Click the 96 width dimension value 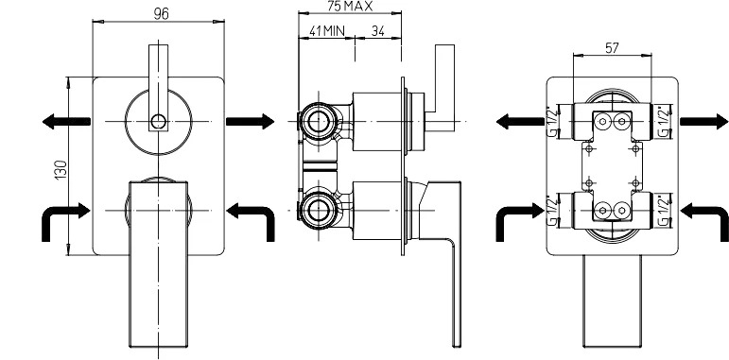161,14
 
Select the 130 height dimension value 61,170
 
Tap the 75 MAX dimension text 350,6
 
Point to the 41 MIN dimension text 327,31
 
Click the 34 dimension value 378,31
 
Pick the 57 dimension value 612,48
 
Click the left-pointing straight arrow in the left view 66,122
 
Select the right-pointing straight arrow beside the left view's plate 251,122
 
